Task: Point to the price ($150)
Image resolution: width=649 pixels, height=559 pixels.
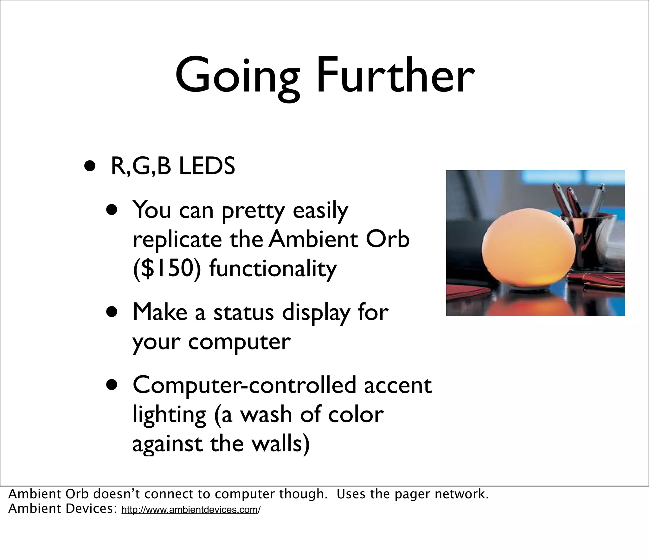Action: (167, 268)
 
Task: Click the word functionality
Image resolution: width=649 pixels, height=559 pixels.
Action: (273, 268)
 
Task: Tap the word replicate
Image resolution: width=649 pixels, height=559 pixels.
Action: (177, 240)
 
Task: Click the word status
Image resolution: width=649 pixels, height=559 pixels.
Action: (243, 313)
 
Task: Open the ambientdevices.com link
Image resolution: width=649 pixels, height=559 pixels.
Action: (191, 510)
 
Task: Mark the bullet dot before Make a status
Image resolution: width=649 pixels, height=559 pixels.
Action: (112, 313)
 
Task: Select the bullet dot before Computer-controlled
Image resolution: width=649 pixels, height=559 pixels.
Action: (112, 386)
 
